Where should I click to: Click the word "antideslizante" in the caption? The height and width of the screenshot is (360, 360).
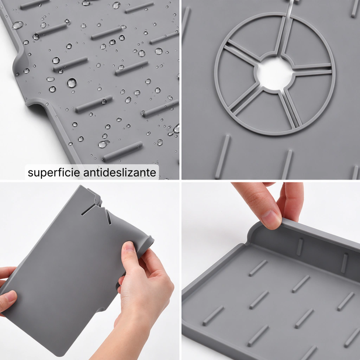120,172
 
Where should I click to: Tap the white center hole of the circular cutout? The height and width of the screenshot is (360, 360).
274,73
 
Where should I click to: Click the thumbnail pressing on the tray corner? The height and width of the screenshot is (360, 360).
271,220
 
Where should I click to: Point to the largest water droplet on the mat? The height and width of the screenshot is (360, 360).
72,83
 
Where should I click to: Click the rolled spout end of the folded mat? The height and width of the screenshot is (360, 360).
149,242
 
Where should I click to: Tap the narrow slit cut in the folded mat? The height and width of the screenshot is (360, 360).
88,210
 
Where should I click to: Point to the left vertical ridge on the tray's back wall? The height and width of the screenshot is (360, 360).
300,247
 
